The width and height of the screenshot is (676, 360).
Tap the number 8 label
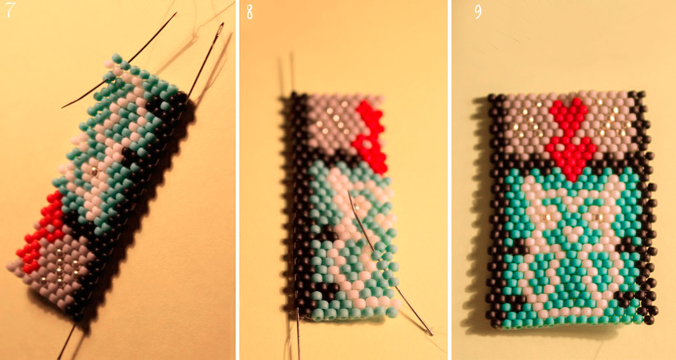coord(250,11)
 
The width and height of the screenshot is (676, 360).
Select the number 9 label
coord(478,11)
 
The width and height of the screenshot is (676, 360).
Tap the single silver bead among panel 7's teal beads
coord(94,171)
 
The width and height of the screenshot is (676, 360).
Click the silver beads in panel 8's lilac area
coord(331,118)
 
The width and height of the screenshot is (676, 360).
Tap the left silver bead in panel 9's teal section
coord(547,215)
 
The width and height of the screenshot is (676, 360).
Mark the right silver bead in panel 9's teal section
coord(598,215)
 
